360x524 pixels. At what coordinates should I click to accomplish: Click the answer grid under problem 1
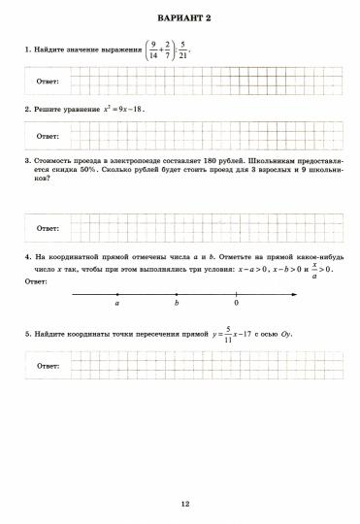(184, 80)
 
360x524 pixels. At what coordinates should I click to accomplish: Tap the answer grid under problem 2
(184, 136)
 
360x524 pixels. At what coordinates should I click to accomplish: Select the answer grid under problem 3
(184, 227)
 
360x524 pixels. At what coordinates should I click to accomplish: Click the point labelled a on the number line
(117, 292)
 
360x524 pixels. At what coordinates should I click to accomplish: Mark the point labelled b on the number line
(177, 292)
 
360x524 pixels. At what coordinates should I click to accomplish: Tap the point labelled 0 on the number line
(236, 292)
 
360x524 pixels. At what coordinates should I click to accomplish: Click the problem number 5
(26, 334)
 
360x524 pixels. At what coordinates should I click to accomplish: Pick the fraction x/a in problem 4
(315, 270)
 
